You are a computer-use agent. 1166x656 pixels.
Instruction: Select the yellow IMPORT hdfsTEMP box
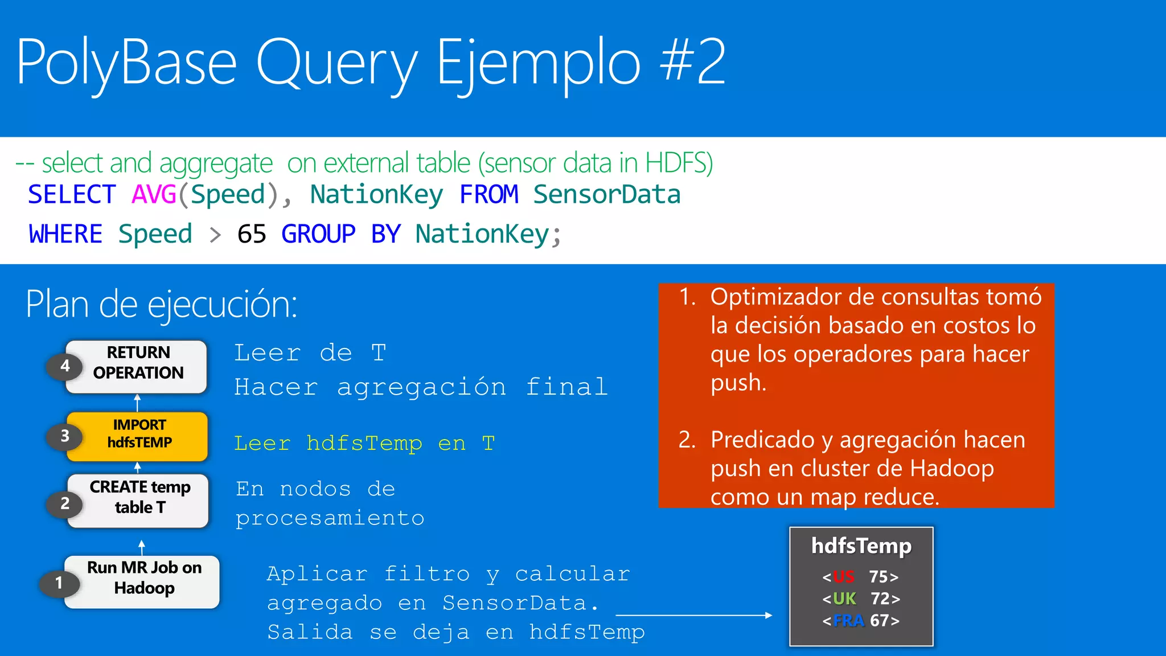coord(138,435)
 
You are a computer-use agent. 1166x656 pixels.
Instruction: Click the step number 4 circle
coord(65,366)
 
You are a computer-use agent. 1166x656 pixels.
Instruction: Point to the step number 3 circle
coord(65,436)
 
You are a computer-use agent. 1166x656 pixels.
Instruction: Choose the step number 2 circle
coord(65,503)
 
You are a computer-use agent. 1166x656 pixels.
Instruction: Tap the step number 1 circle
coord(59,583)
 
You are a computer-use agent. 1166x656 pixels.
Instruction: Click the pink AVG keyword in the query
coord(154,195)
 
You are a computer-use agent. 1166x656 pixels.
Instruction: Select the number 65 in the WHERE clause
coord(252,234)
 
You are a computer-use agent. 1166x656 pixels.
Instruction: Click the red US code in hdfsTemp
coord(843,577)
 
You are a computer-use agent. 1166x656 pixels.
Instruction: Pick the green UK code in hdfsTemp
coord(844,598)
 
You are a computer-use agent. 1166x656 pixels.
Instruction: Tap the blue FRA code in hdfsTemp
coord(848,620)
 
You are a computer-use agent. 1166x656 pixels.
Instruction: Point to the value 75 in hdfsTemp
coord(879,577)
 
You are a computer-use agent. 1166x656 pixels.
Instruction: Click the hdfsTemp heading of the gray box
coord(861,546)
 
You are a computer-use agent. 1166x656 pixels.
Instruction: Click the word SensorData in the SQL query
coord(607,195)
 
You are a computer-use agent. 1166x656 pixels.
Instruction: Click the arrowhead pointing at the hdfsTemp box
coord(769,615)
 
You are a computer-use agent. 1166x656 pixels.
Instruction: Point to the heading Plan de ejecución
coord(161,304)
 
